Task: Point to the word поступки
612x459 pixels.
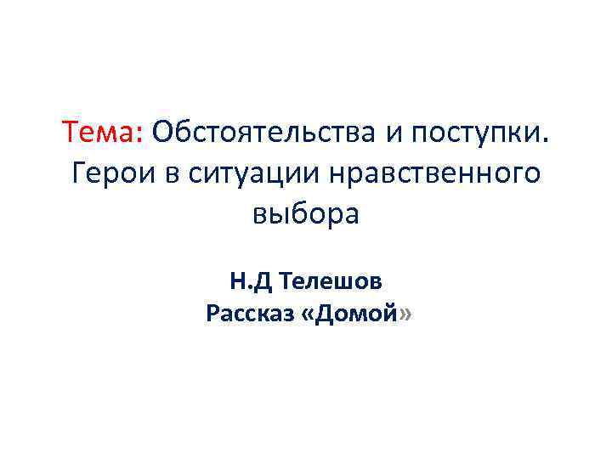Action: (474, 134)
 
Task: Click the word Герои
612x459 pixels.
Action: (109, 174)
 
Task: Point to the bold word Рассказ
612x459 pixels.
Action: (249, 314)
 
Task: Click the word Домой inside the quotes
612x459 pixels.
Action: (356, 314)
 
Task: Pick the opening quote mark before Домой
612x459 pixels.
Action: (308, 315)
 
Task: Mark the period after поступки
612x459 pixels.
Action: (547, 141)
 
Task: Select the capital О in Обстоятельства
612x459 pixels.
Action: (164, 133)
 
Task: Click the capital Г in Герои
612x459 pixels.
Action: (79, 173)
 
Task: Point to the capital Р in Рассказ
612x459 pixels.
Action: (212, 314)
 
